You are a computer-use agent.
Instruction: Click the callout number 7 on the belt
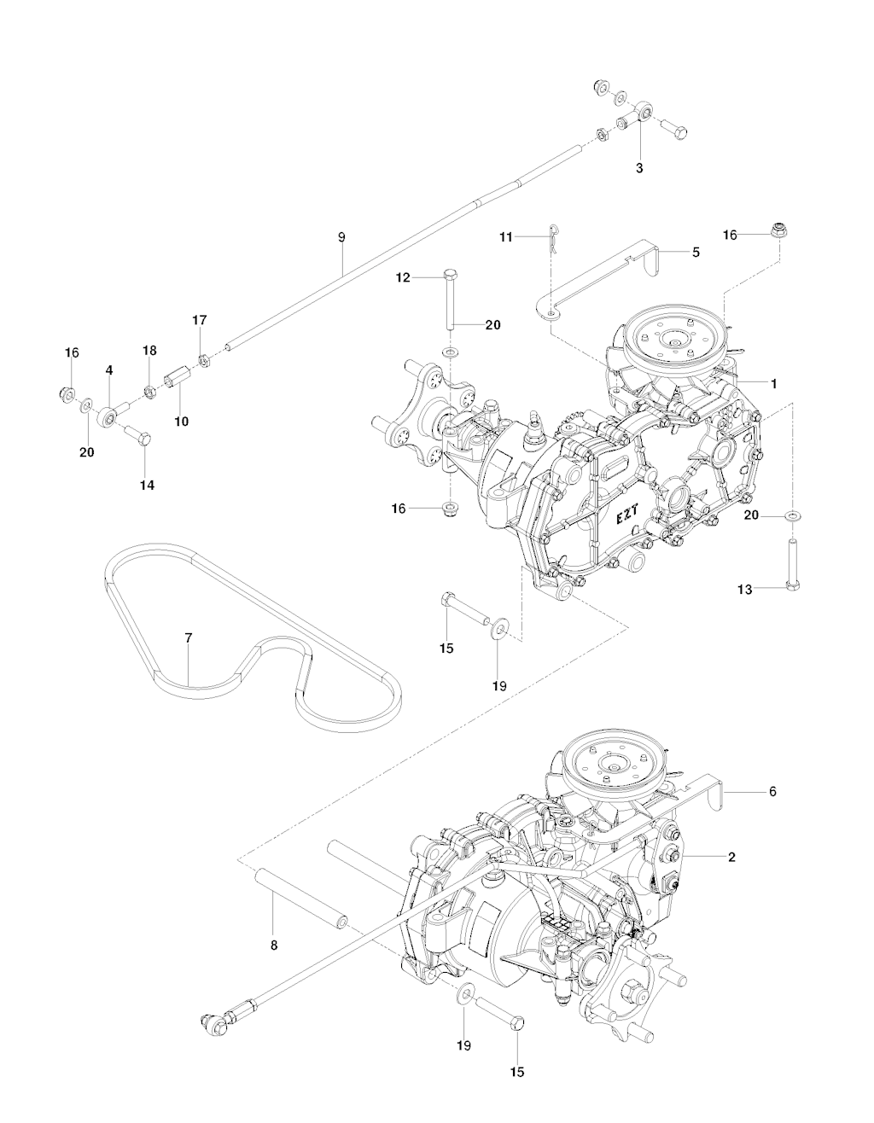point(188,638)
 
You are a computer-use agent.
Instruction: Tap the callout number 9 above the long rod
point(341,237)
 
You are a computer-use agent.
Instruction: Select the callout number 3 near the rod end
point(639,168)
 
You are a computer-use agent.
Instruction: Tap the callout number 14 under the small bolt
point(148,485)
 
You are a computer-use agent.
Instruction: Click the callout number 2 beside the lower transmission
point(731,857)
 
